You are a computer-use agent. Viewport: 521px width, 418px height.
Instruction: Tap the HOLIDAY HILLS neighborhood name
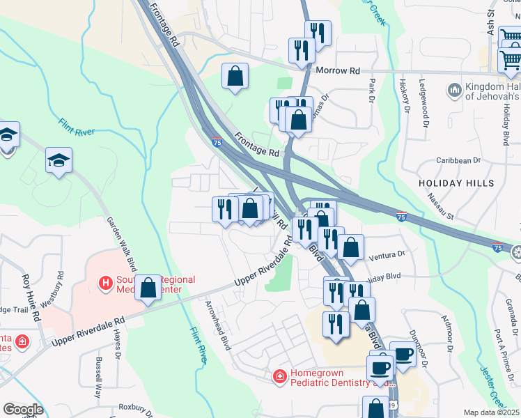[457, 183]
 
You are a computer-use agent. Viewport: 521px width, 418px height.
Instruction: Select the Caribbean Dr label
[458, 160]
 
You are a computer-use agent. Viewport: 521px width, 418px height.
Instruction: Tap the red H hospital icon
[105, 284]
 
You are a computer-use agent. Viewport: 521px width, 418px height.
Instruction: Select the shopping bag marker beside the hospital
[148, 287]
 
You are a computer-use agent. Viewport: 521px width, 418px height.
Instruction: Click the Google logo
[23, 410]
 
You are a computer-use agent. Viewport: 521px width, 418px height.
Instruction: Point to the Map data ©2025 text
[492, 412]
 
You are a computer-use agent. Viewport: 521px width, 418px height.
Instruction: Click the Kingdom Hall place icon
[454, 90]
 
